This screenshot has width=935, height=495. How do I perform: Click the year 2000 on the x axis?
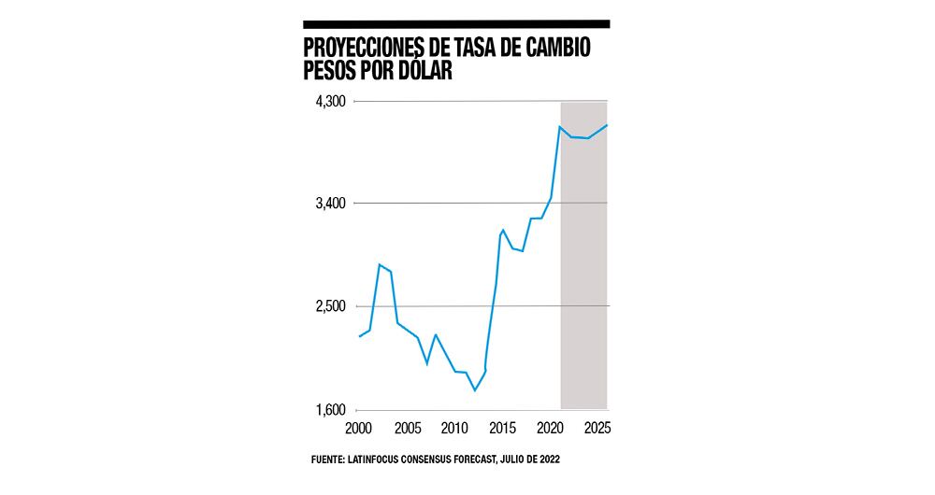[x=359, y=429]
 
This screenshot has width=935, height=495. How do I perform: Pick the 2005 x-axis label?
[x=407, y=429]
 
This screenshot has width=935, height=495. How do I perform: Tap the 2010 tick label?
[x=454, y=429]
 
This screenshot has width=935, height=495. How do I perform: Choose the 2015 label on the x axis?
[x=502, y=429]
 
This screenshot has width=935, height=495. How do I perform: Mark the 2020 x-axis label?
[x=550, y=429]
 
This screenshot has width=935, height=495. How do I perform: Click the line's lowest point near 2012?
[x=475, y=390]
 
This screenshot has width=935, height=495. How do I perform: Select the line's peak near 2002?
[x=379, y=264]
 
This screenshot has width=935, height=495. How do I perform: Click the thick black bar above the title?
[x=456, y=23]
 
